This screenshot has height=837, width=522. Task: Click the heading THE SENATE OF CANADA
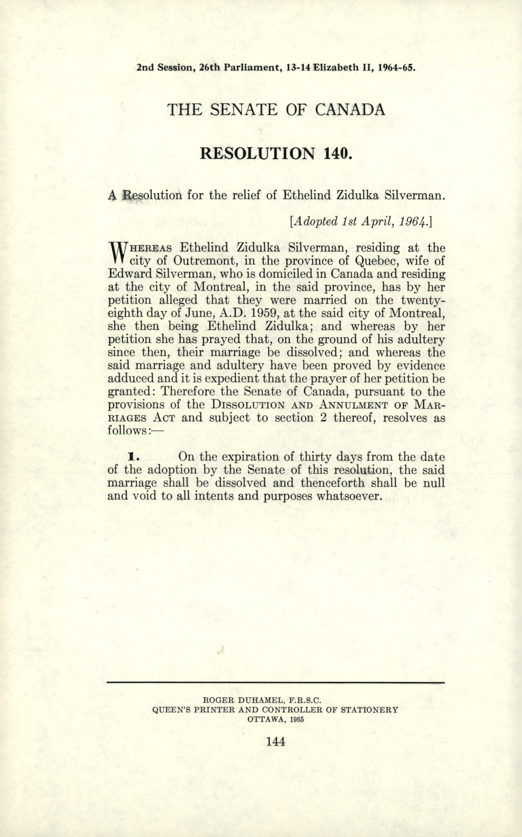pyautogui.click(x=276, y=110)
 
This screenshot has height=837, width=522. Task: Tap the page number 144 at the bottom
pyautogui.click(x=276, y=741)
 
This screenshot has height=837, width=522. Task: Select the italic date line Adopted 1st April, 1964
pyautogui.click(x=361, y=221)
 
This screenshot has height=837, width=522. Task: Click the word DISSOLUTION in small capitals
pyautogui.click(x=248, y=404)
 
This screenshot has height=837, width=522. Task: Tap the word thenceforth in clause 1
pyautogui.click(x=332, y=483)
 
